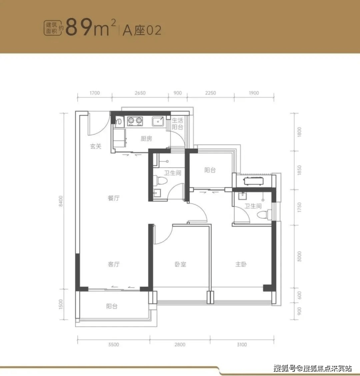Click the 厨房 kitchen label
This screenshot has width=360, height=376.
[x=146, y=139]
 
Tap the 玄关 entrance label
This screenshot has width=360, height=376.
[x=96, y=146]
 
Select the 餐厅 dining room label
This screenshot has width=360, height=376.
[x=113, y=198]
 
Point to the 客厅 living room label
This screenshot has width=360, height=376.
[x=113, y=264]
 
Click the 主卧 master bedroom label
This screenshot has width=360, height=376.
[x=241, y=264]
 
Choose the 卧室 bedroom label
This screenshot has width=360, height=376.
[x=180, y=264]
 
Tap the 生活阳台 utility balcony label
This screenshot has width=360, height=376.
[x=178, y=124]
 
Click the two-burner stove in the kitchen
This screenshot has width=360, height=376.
[x=135, y=121]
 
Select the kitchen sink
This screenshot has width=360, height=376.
[x=158, y=121]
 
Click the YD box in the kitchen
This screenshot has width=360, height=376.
[x=118, y=122]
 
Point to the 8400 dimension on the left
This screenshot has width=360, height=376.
[x=61, y=201]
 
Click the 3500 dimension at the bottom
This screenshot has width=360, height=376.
[x=113, y=345]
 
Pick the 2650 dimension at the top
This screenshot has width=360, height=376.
[x=140, y=93]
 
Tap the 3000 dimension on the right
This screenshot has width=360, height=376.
[x=299, y=256]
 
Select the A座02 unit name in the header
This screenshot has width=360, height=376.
[x=142, y=31]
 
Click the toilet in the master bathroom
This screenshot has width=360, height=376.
[x=265, y=214]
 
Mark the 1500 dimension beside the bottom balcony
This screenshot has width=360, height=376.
[x=61, y=304]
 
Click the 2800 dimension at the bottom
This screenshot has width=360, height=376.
[x=180, y=345]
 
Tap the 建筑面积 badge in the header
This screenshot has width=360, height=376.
[x=51, y=28]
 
